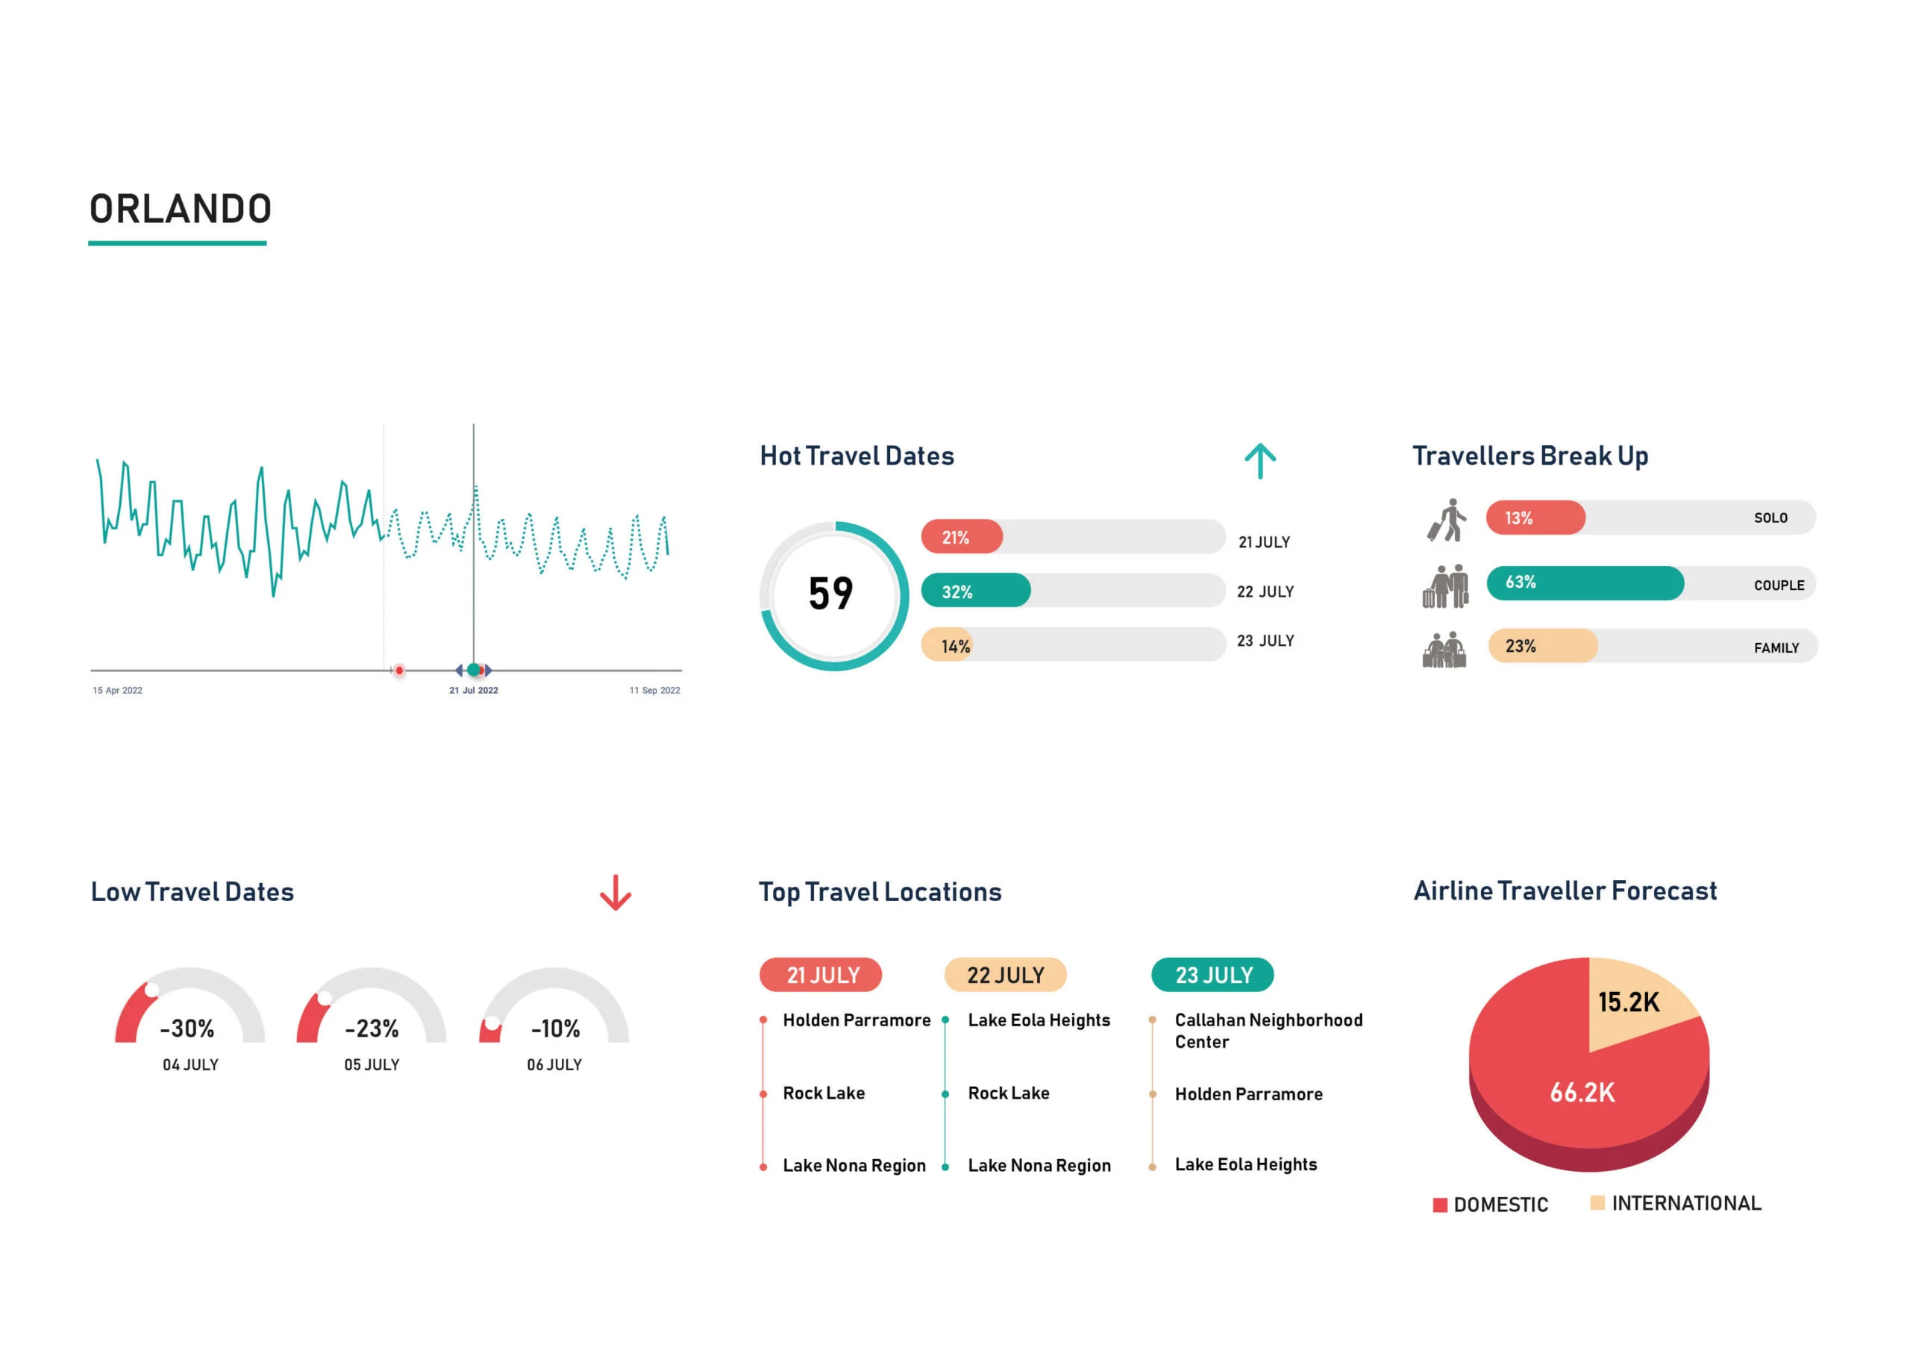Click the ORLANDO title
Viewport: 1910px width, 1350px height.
click(181, 209)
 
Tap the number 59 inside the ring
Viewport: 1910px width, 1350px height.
click(830, 594)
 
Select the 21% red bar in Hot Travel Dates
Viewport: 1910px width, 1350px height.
click(961, 537)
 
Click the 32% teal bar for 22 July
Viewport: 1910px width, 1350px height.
click(975, 591)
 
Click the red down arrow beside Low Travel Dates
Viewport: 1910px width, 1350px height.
click(615, 893)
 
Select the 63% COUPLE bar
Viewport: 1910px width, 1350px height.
click(1584, 583)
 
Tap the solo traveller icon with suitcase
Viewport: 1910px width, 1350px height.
click(1447, 520)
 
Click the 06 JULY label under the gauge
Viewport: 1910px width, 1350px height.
click(554, 1064)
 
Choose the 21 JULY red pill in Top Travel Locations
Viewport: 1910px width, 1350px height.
click(821, 975)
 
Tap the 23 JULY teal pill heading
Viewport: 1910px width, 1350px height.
click(1212, 975)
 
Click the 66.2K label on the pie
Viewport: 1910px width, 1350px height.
click(1582, 1092)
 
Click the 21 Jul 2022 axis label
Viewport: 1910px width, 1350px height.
click(473, 691)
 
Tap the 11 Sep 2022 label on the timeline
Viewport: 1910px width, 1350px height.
click(654, 691)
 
